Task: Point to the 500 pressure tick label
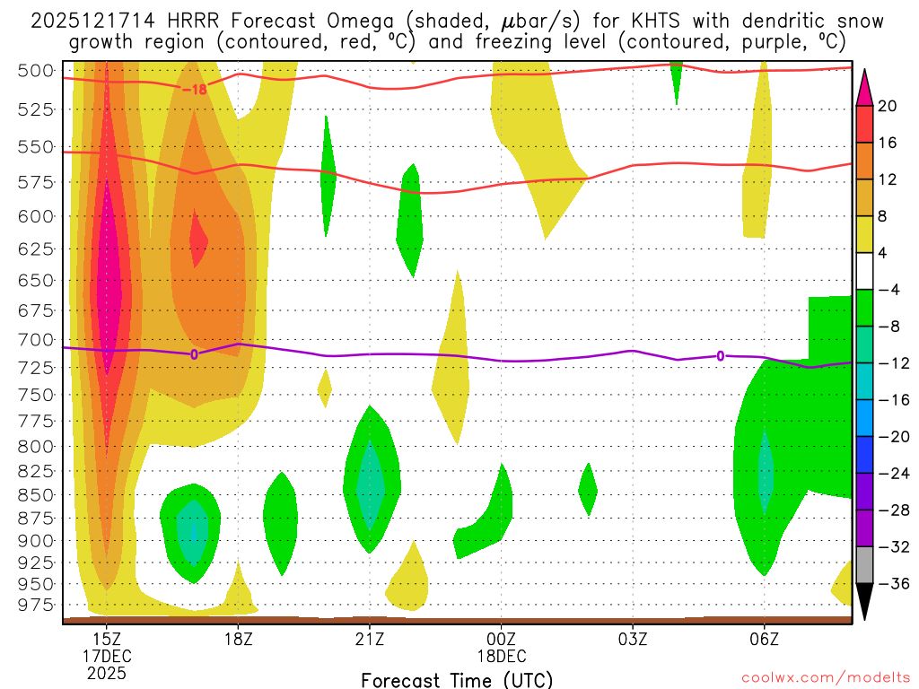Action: click(37, 71)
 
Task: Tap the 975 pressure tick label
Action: click(37, 606)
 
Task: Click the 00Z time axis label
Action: click(501, 639)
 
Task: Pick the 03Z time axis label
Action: click(633, 639)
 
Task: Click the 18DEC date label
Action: click(501, 656)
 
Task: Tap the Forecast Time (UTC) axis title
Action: click(457, 679)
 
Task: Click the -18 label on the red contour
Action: click(194, 90)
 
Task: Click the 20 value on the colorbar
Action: click(888, 106)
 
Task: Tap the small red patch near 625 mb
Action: click(198, 242)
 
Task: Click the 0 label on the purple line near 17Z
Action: click(194, 354)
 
